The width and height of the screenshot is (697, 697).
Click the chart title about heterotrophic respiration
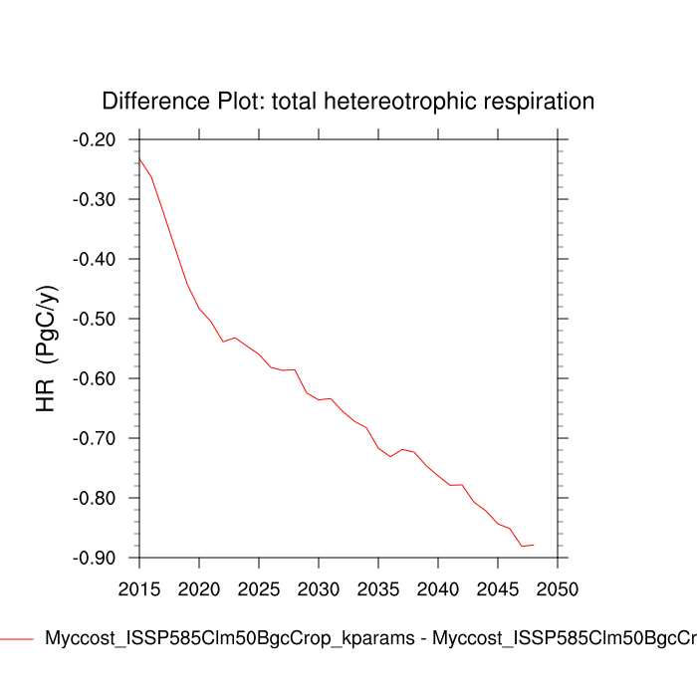pos(348,102)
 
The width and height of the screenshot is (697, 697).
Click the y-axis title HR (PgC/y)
pos(47,348)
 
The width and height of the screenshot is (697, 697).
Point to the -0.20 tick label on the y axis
pos(95,139)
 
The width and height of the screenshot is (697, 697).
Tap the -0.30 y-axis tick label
pos(95,199)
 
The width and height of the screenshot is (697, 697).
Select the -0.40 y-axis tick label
pos(95,259)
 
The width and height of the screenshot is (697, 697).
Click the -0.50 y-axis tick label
pos(95,319)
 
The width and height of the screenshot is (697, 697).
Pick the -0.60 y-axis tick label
pos(95,378)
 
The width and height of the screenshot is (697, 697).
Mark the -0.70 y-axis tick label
pos(95,438)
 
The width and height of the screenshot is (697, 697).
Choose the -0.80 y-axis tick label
pos(95,498)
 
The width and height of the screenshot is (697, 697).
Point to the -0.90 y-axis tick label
pos(95,558)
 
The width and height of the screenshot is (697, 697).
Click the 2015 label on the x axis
pos(139,588)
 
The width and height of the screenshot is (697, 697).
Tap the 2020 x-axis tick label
pos(199,588)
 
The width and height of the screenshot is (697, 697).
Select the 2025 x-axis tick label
pos(259,588)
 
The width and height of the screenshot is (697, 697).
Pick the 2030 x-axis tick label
pos(319,588)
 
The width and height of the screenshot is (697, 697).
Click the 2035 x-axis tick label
pos(378,588)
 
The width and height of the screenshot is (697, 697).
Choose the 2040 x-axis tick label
pos(438,588)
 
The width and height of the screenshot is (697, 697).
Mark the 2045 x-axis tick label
pos(498,588)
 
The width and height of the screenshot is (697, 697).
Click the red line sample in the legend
pos(17,638)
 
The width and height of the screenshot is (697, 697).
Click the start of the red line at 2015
pos(139,158)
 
